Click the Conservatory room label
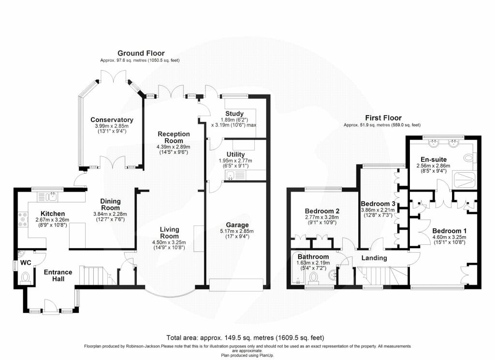tap(112, 120)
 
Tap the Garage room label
tap(237, 225)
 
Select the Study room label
tap(234, 114)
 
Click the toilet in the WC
tap(25, 277)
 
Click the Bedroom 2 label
tap(322, 211)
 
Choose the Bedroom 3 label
tap(378, 204)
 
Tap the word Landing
tap(374, 258)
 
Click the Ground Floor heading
tap(141, 53)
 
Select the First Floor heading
tap(383, 118)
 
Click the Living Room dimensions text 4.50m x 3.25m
tap(169, 242)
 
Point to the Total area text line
tap(245, 338)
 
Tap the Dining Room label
tap(110, 205)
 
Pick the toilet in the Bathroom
tap(313, 277)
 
